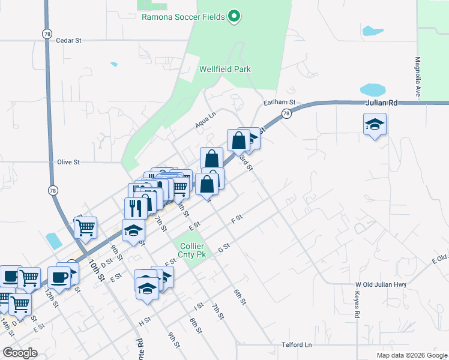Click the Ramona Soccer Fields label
[x=183, y=17]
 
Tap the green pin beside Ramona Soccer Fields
[x=235, y=16]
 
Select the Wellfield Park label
[x=225, y=69]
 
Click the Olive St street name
[x=68, y=162]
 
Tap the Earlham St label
[x=280, y=103]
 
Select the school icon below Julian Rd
[x=375, y=125]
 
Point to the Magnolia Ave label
[x=417, y=77]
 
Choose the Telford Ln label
[x=297, y=345]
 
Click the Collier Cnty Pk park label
[x=192, y=251]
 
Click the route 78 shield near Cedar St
[x=46, y=34]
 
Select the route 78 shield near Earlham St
[x=286, y=113]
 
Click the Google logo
[x=20, y=353]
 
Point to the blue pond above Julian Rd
[x=372, y=90]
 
